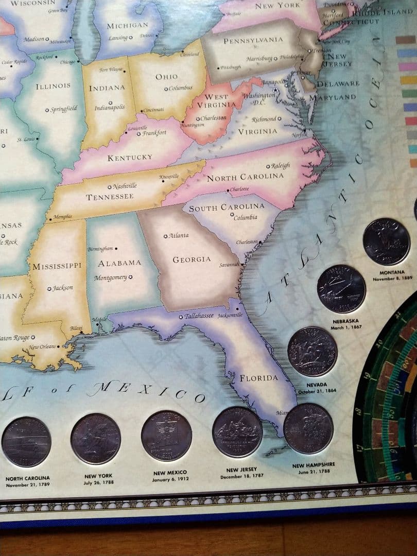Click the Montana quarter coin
(x=386, y=241)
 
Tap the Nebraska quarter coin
(x=341, y=289)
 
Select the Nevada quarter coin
(x=312, y=352)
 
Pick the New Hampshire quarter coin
(x=308, y=428)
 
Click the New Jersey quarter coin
(x=237, y=432)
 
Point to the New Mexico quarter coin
(x=166, y=436)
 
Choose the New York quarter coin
(x=96, y=439)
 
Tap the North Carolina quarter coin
(x=26, y=442)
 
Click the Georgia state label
(x=192, y=259)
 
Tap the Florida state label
(x=258, y=378)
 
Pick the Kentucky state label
(x=130, y=158)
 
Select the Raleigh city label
(x=281, y=166)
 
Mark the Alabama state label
(x=119, y=263)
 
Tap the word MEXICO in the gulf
(x=147, y=391)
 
